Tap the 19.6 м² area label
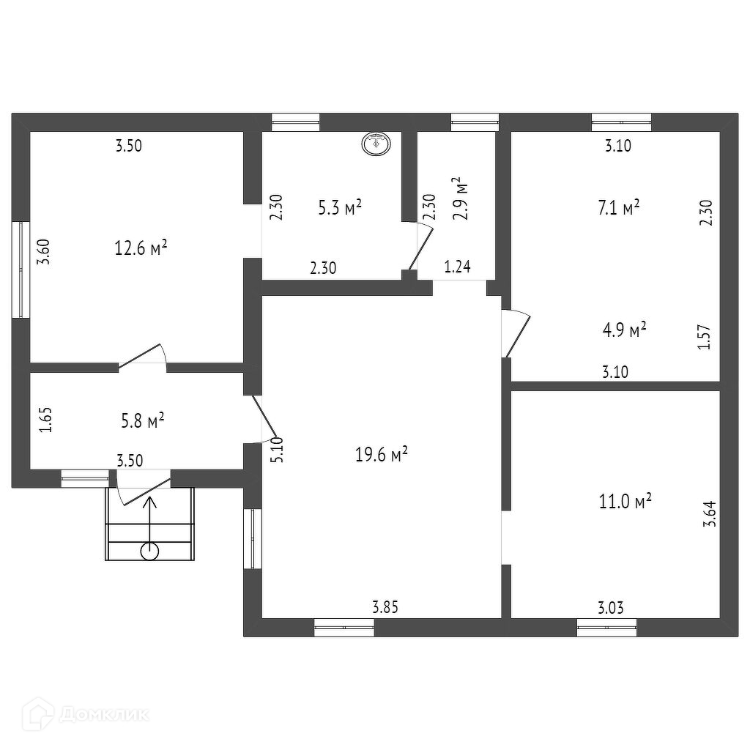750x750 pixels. pos(381,455)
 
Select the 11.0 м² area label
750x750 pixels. pos(625,502)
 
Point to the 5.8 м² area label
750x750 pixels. pos(142,421)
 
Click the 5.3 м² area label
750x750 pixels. pos(340,208)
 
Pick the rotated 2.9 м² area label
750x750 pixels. pos(460,199)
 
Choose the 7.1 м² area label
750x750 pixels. pos(619,207)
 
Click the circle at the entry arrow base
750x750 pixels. pos(149,551)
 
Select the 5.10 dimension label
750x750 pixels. pos(276,450)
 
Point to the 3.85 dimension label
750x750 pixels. pos(386,606)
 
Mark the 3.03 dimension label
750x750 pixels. pos(612,607)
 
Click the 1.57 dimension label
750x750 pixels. pos(705,337)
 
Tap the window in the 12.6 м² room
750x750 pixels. pos(21,270)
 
